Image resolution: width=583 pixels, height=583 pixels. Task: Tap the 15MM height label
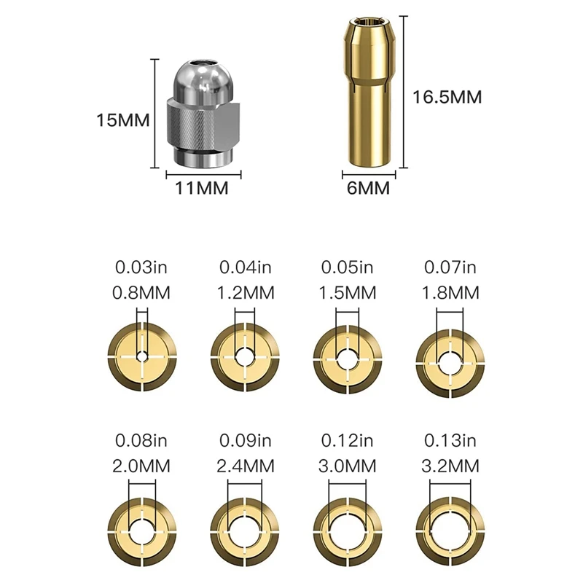point(122,120)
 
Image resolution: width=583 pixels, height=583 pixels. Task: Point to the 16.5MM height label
point(447,97)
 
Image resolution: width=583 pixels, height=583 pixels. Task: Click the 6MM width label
point(368,189)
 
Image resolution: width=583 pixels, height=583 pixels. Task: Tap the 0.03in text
point(142,269)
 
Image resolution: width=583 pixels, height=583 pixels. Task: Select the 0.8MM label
point(142,294)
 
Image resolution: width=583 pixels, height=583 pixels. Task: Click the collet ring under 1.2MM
point(246,357)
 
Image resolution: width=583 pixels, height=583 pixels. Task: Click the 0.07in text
point(451,269)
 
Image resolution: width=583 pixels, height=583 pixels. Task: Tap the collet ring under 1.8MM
point(451,357)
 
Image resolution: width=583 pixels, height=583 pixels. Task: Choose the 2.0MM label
point(142,465)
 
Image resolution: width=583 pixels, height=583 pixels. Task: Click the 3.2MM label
point(451,465)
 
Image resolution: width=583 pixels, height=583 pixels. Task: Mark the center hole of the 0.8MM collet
point(143,357)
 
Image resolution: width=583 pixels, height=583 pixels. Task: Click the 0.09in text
point(246,441)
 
